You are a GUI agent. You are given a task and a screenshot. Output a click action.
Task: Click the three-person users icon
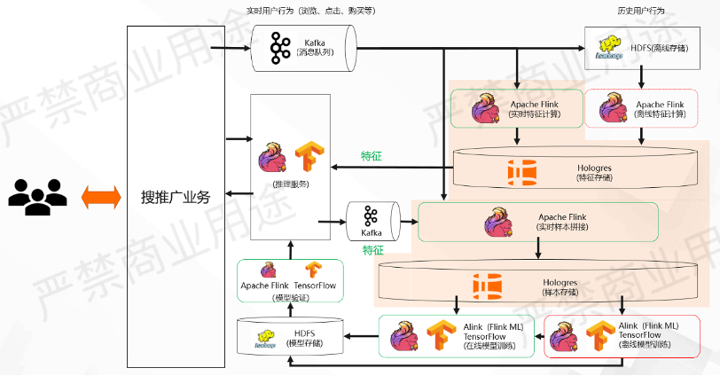(37, 198)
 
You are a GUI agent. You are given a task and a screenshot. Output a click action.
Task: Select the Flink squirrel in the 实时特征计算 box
(486, 108)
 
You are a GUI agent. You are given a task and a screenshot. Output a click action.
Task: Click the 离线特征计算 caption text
(661, 114)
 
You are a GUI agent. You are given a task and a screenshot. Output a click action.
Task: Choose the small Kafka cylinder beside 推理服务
(371, 222)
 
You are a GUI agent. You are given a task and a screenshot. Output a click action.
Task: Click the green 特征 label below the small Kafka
(372, 250)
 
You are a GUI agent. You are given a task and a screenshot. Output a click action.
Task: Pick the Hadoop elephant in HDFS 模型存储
(266, 336)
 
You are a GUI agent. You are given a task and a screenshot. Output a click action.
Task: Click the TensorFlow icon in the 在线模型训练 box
(441, 335)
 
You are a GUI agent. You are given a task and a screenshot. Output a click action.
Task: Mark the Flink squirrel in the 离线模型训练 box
(566, 335)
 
